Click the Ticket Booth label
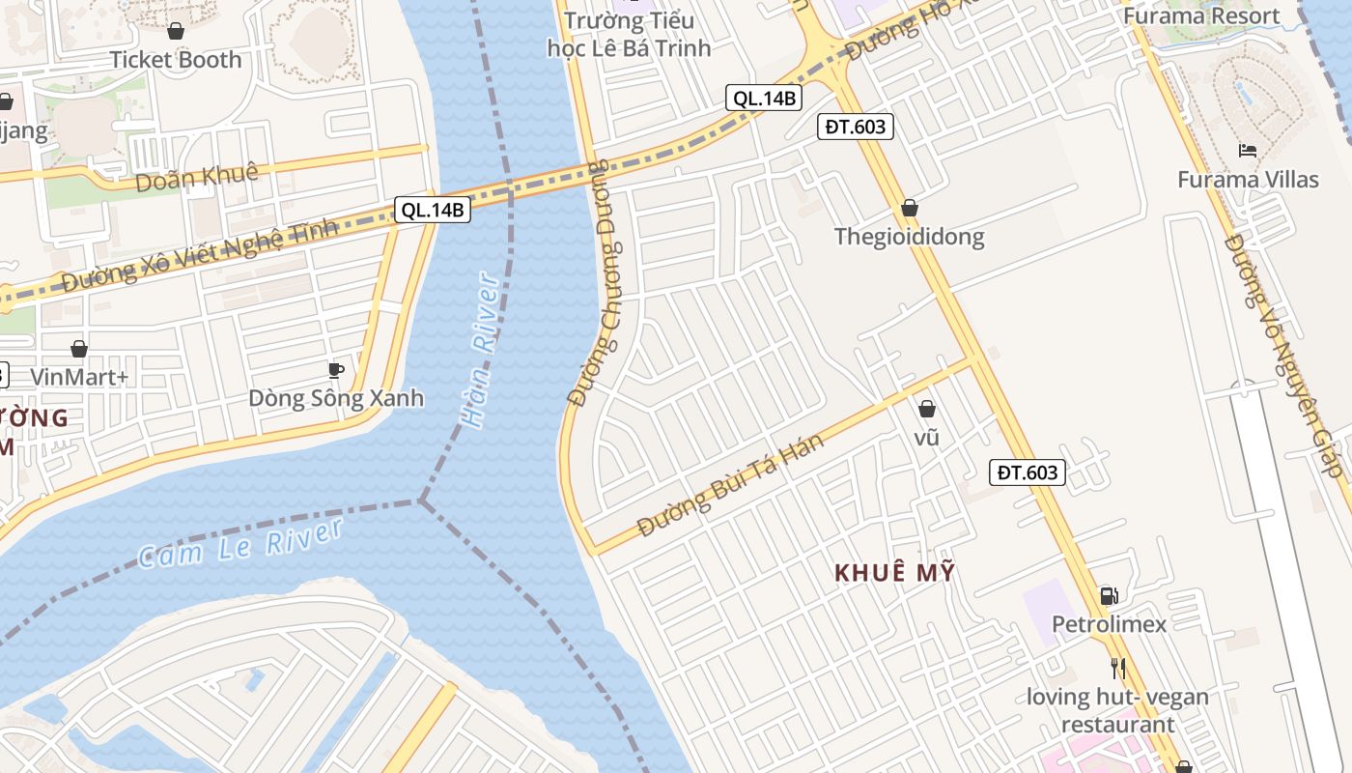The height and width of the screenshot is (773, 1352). (x=175, y=60)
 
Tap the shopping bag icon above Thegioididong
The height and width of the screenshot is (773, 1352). (x=909, y=208)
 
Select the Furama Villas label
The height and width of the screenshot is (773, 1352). (x=1248, y=180)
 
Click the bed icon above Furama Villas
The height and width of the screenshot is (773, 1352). (x=1248, y=151)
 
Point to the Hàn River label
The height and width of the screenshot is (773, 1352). (x=480, y=350)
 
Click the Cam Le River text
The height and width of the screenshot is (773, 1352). (x=240, y=543)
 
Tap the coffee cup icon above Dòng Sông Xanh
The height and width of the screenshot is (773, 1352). (x=335, y=370)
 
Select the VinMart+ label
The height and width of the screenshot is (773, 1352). (x=79, y=377)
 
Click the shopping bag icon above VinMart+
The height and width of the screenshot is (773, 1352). (x=79, y=349)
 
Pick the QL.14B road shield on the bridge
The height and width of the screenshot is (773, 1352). (x=432, y=210)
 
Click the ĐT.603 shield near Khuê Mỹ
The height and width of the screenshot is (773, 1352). (x=1028, y=472)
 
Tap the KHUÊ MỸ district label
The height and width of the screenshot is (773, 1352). (x=894, y=573)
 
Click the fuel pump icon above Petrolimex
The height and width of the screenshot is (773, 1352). (x=1109, y=596)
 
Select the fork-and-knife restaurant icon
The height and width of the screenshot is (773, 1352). (x=1117, y=668)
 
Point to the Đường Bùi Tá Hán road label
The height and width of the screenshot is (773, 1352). (x=731, y=486)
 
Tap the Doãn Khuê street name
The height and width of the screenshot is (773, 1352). (x=197, y=178)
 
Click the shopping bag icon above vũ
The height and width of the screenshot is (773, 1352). (x=927, y=410)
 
